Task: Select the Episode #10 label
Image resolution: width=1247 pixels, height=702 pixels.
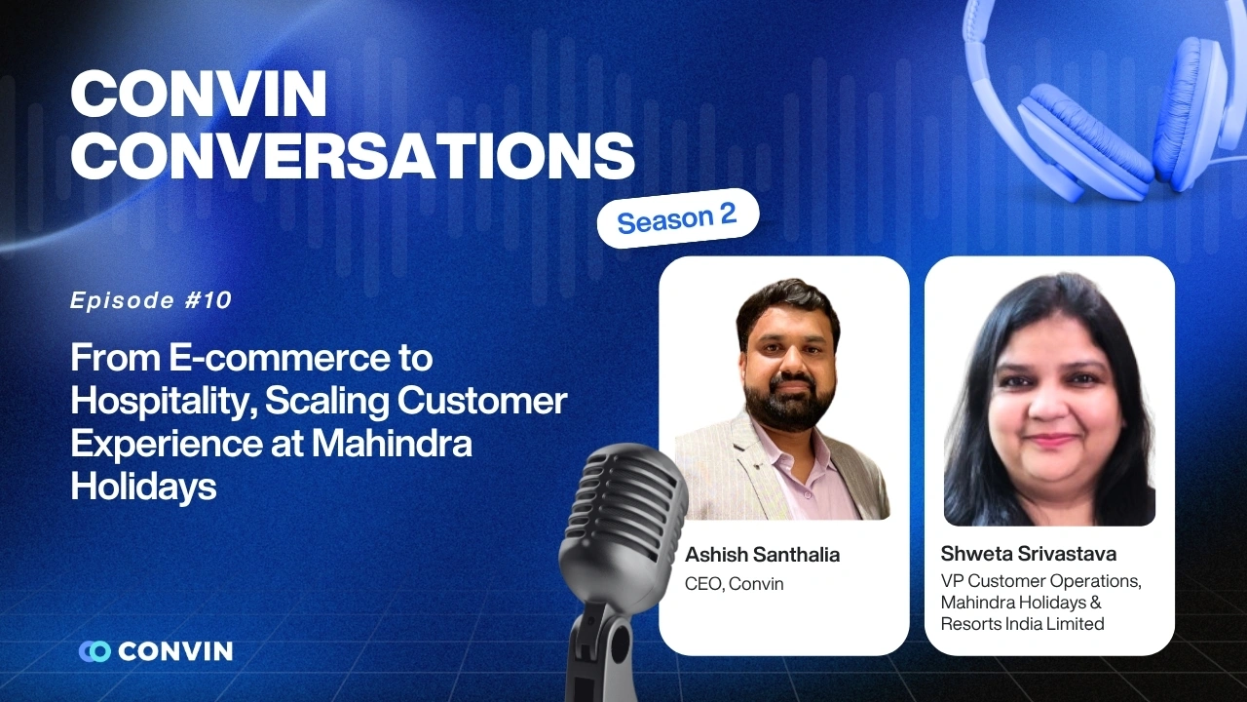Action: click(151, 300)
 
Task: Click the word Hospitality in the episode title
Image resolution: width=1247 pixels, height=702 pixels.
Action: click(156, 401)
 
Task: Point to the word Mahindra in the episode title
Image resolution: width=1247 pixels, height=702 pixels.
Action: click(392, 443)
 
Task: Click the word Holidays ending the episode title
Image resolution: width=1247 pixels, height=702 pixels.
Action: click(143, 485)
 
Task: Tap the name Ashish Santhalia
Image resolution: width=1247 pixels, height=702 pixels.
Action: click(762, 555)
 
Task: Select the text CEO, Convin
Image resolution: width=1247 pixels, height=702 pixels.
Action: click(735, 584)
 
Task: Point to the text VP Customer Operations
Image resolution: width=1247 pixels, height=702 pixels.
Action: click(1040, 581)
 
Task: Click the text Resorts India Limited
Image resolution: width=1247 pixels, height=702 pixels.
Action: click(1023, 624)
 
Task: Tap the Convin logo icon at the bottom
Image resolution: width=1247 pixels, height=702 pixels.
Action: click(94, 651)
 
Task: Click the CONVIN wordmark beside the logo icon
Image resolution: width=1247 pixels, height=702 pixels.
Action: click(175, 651)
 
